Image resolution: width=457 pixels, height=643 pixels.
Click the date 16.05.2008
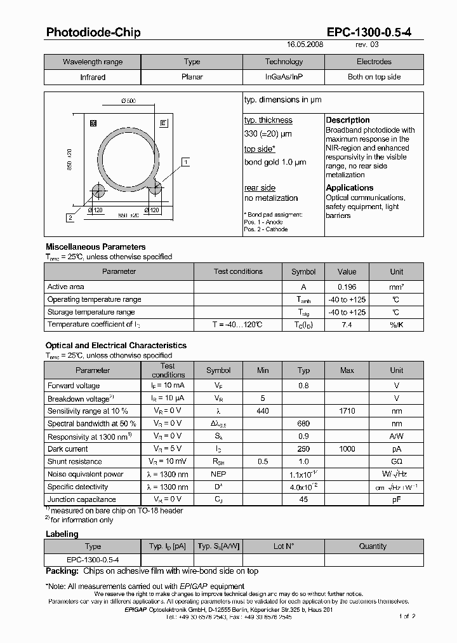(x=305, y=46)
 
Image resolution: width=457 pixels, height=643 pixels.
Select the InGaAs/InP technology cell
(x=284, y=77)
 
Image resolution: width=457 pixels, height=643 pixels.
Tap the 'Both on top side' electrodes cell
(x=374, y=77)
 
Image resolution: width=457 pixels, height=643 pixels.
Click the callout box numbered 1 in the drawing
(x=185, y=162)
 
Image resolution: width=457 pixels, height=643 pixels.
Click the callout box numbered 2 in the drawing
(x=69, y=218)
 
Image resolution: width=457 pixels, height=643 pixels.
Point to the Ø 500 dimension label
(x=128, y=102)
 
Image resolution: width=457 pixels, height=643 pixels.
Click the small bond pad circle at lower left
(x=98, y=191)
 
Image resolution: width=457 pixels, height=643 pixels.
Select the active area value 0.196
(x=347, y=287)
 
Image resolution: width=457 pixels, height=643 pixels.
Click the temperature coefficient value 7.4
(x=347, y=325)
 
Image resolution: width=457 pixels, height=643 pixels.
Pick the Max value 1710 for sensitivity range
(x=347, y=411)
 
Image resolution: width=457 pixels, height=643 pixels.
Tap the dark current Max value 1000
(x=347, y=449)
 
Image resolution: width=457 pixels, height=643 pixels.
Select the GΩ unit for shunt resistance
(x=396, y=462)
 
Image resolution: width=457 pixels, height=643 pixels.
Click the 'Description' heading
(x=347, y=120)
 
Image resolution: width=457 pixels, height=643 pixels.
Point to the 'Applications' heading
(x=349, y=188)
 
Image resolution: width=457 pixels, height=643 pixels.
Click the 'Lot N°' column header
(x=284, y=546)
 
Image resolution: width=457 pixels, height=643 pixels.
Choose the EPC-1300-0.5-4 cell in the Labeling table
(x=93, y=560)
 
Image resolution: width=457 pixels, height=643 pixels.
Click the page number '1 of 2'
(x=407, y=616)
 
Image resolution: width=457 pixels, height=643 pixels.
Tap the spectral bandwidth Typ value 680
(x=303, y=424)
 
